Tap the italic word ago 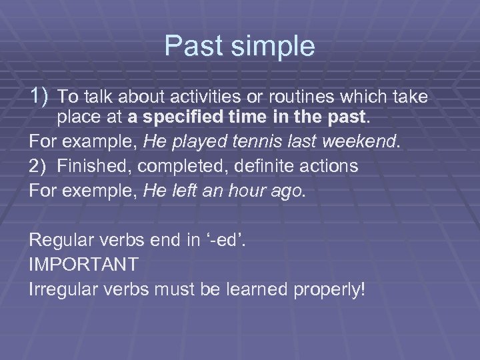(290, 190)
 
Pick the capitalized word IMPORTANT (84, 265)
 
